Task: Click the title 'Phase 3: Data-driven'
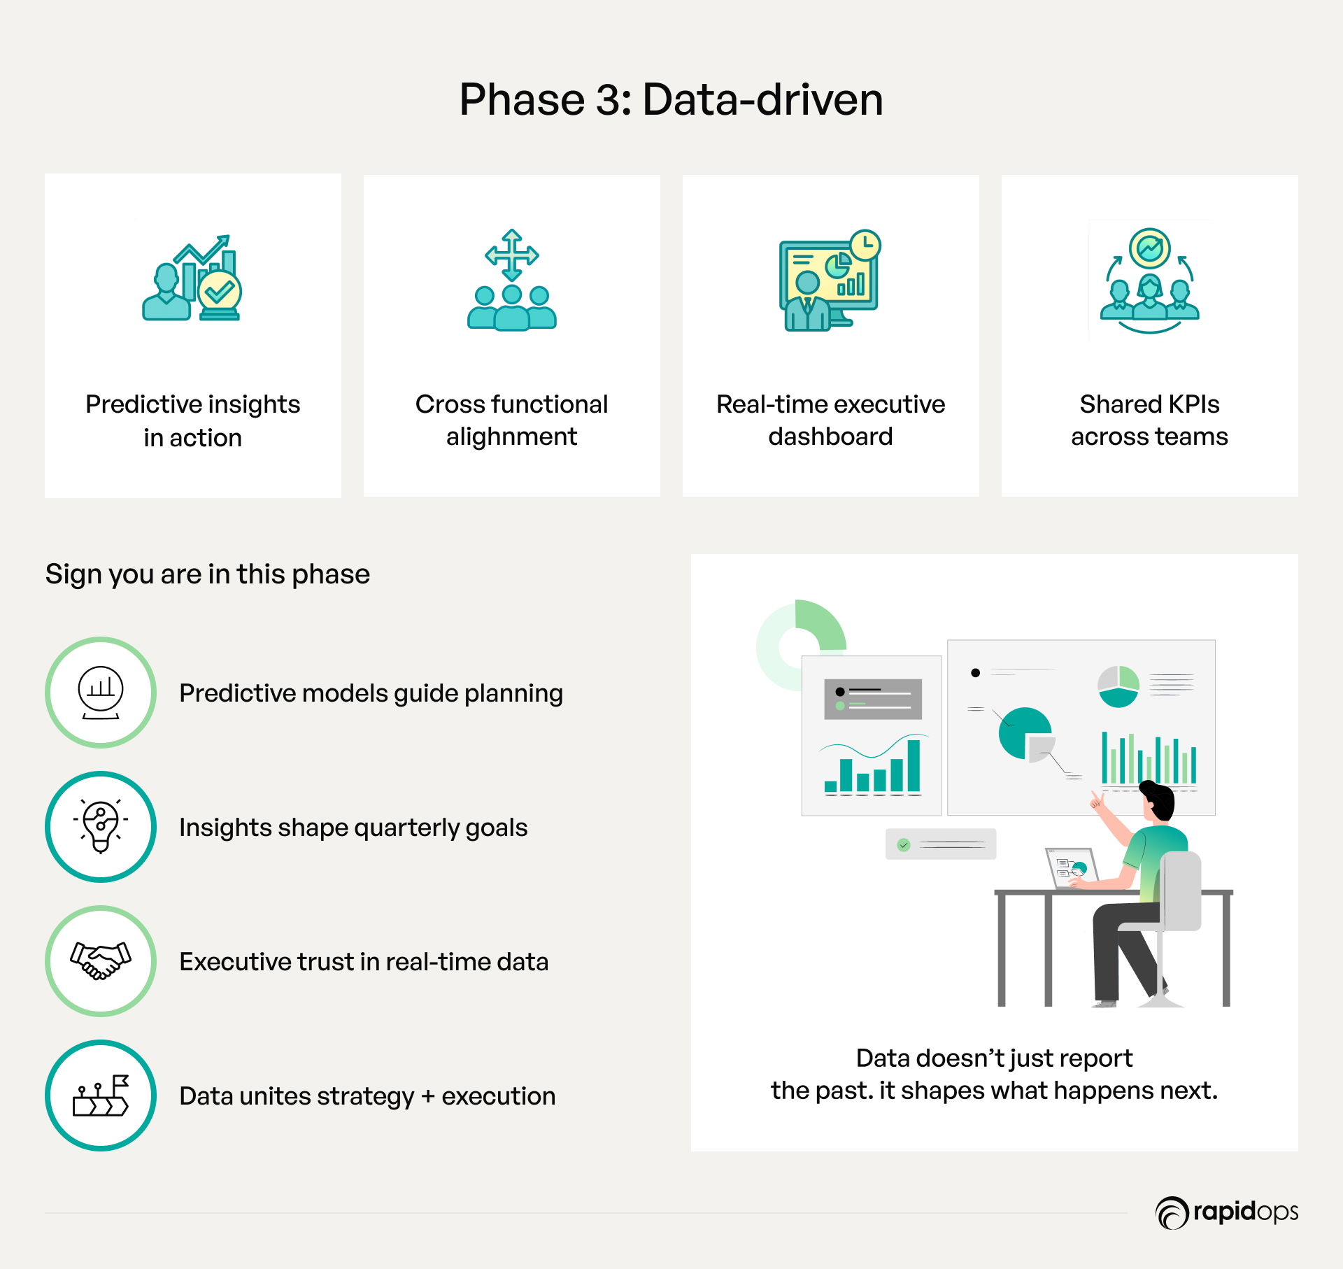point(671,99)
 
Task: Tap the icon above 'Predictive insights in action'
point(192,278)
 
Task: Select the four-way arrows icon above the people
point(512,255)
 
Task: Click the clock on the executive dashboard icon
point(865,245)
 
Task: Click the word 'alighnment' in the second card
point(511,437)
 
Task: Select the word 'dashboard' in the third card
point(830,437)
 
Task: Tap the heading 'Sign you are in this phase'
point(208,574)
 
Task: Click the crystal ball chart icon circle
point(101,693)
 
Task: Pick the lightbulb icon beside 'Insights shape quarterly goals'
point(101,827)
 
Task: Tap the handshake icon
point(101,961)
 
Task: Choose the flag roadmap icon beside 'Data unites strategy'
point(101,1096)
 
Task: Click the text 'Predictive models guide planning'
point(371,693)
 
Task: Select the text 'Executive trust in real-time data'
point(364,962)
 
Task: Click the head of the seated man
point(1158,802)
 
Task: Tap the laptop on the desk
point(1072,868)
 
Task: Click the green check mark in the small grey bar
point(904,845)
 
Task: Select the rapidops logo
point(1227,1212)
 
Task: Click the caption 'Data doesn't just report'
point(994,1058)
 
